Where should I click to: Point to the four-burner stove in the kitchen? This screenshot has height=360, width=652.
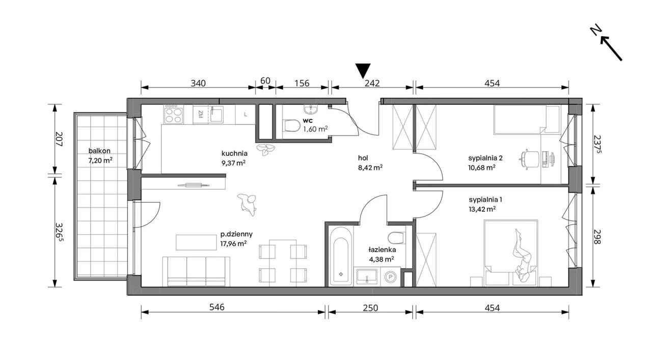[174, 115]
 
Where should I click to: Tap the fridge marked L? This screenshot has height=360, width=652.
[246, 115]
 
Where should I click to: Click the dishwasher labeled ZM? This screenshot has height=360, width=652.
[201, 115]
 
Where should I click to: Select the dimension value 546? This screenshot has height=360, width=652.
[217, 308]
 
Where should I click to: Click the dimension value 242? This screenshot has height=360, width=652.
[372, 84]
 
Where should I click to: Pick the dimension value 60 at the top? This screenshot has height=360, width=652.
[265, 80]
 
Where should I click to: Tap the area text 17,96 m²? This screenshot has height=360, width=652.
[233, 243]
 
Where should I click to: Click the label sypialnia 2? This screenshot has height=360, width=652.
[485, 158]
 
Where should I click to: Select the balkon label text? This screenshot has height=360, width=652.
[99, 151]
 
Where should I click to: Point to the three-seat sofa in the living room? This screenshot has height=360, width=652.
[196, 271]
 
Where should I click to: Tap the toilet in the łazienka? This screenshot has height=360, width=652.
[397, 238]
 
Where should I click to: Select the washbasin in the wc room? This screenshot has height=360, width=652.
[311, 109]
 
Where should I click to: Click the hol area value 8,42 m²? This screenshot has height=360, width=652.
[370, 168]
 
